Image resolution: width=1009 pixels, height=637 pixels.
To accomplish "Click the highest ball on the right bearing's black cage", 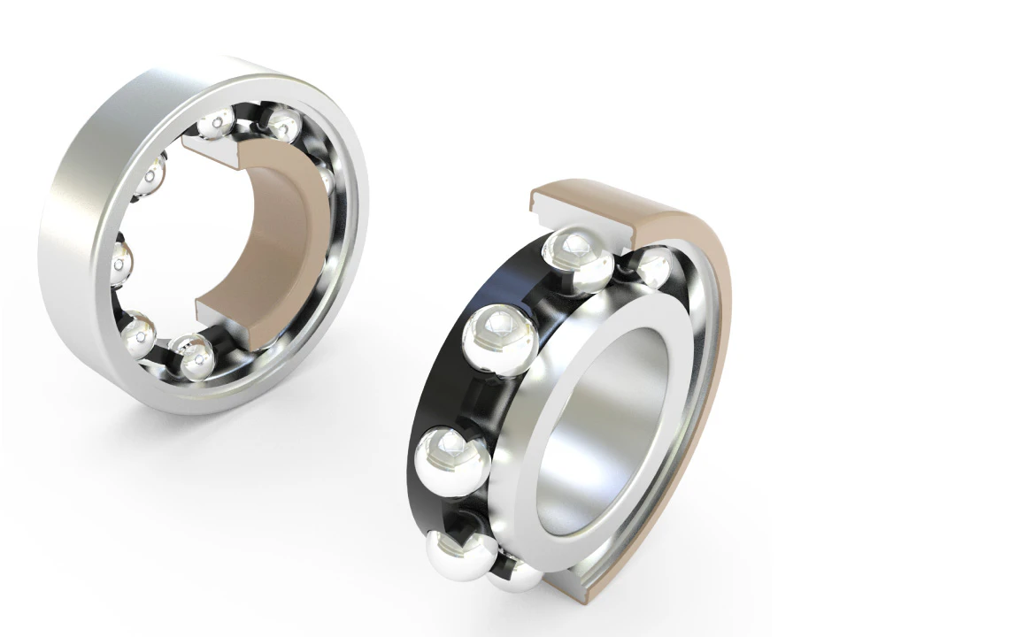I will (x=579, y=258).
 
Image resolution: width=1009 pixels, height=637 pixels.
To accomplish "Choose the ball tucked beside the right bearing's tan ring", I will (x=655, y=266).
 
